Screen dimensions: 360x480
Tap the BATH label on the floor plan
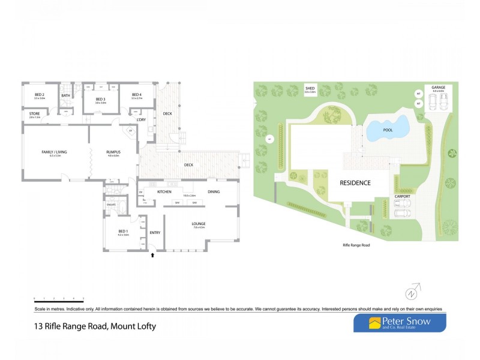point(65,95)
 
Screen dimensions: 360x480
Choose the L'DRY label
point(142,120)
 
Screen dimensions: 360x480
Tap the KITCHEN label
point(165,192)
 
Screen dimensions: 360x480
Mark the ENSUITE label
point(111,205)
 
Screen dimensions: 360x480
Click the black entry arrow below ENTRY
point(152,255)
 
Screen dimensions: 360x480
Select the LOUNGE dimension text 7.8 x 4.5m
point(199,227)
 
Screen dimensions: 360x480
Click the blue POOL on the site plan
point(387,128)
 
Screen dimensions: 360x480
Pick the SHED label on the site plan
point(310,88)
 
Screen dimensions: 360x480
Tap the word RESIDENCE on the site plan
point(356,182)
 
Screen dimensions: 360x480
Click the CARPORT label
point(402,196)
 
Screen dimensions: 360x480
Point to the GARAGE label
point(438,88)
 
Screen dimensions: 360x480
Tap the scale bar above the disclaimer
point(58,298)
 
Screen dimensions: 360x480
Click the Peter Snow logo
point(399,323)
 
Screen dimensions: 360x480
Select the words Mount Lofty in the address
point(133,327)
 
